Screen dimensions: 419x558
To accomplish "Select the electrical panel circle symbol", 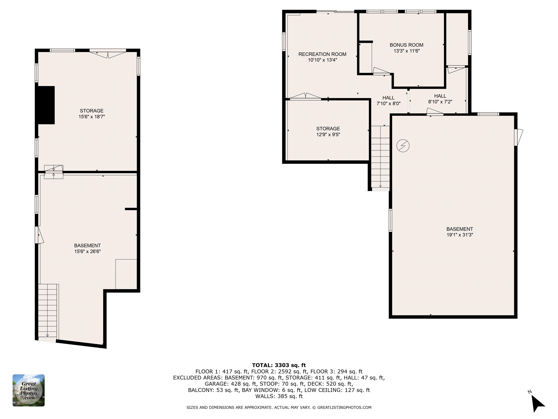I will click(403, 146).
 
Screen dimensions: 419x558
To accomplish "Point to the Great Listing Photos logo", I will click(29, 390).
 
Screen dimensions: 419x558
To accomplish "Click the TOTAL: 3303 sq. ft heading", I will click(279, 365).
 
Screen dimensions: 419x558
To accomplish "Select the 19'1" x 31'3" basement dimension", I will click(459, 235).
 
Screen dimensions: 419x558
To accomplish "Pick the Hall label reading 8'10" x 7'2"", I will click(440, 99).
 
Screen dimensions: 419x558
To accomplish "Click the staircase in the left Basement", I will click(48, 311).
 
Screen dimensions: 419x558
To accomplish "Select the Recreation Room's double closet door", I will click(305, 96).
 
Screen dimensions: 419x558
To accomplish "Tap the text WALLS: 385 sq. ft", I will click(279, 396).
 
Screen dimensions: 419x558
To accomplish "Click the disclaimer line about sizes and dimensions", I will click(279, 407).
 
